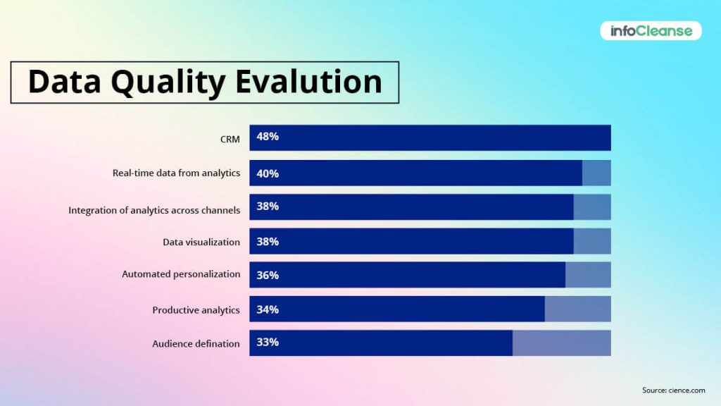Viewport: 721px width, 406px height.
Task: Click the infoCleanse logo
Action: [x=651, y=30]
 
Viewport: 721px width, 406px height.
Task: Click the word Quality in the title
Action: [x=171, y=82]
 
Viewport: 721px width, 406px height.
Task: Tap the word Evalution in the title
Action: [x=308, y=82]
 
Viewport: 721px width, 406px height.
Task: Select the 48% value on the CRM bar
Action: [x=268, y=137]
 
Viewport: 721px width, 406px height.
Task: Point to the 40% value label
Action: [x=268, y=173]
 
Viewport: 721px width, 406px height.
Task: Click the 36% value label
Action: [x=268, y=276]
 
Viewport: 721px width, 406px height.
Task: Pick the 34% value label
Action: [x=268, y=309]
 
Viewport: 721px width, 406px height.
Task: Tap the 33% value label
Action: [x=268, y=343]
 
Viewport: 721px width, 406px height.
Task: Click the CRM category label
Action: [x=230, y=139]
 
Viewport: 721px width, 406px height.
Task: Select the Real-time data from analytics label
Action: [x=176, y=173]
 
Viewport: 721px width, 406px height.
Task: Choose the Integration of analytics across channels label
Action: [x=154, y=210]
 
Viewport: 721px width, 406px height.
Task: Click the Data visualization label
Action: [x=201, y=242]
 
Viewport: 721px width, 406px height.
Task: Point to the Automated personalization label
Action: [x=181, y=274]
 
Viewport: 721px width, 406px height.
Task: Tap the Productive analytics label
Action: [x=196, y=309]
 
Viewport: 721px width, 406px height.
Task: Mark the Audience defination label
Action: [x=196, y=344]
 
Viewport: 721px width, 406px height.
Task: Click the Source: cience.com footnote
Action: [x=673, y=390]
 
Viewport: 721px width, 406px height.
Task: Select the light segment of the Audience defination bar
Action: [x=561, y=343]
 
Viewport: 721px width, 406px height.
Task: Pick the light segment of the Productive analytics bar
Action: [x=577, y=309]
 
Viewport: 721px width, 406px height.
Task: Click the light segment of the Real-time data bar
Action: [x=596, y=173]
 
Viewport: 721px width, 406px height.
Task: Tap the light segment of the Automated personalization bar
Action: [x=588, y=275]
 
